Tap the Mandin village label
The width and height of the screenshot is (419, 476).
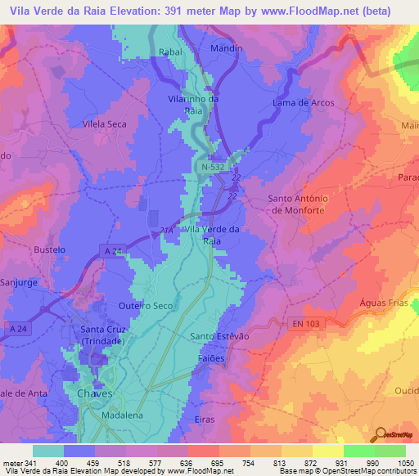click(227, 48)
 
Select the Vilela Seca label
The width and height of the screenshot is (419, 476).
click(105, 123)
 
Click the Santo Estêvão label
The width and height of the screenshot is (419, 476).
click(219, 336)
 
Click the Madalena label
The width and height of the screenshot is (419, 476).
click(123, 415)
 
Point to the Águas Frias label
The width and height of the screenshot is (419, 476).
click(384, 302)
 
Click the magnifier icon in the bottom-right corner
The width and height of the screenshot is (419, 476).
click(380, 435)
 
